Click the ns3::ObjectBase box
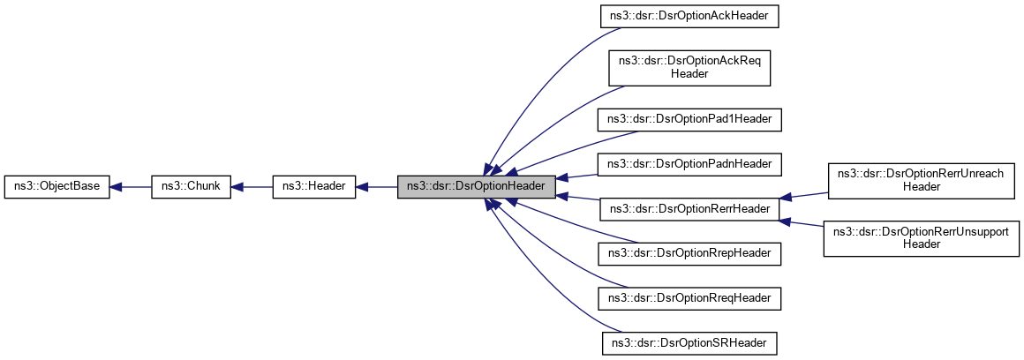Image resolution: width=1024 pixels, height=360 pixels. pyautogui.click(x=57, y=186)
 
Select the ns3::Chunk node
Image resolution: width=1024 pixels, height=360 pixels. pyautogui.click(x=192, y=186)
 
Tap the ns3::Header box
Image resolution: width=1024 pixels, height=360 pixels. pyautogui.click(x=314, y=186)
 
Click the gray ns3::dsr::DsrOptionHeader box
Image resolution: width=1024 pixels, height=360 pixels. pyautogui.click(x=476, y=186)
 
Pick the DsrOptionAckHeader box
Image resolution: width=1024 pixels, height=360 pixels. pyautogui.click(x=689, y=18)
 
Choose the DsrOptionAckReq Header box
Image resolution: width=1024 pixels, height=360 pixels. pyautogui.click(x=689, y=68)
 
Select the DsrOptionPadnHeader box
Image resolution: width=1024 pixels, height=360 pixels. pyautogui.click(x=689, y=163)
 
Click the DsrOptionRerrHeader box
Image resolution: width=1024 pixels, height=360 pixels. pyautogui.click(x=689, y=209)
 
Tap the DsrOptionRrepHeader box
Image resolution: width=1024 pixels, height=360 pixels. pyautogui.click(x=689, y=253)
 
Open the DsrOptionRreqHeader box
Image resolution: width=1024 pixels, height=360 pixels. pyautogui.click(x=689, y=298)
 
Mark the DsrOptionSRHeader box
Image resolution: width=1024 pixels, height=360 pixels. pyautogui.click(x=689, y=342)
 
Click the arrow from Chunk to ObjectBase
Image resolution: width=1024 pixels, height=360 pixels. pyautogui.click(x=131, y=186)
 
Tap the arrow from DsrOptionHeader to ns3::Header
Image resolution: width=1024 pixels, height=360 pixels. pyautogui.click(x=377, y=186)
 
